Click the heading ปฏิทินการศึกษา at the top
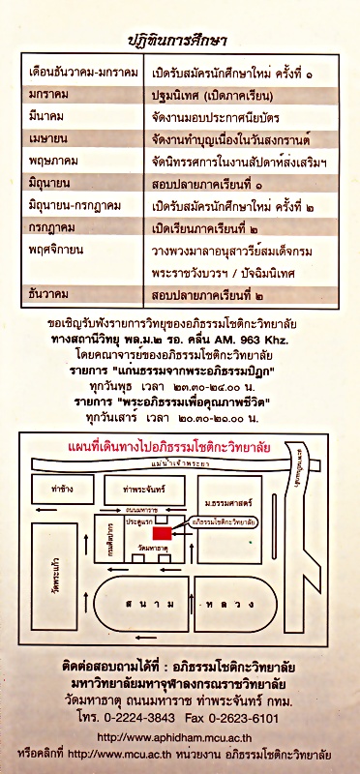[179, 40]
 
